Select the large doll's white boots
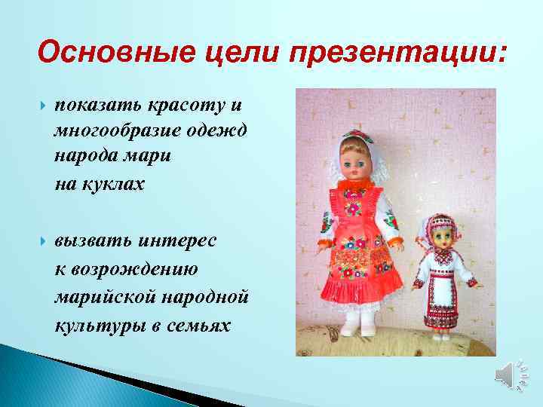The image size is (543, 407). coord(359,323)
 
